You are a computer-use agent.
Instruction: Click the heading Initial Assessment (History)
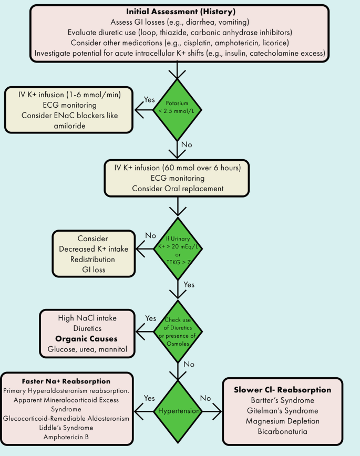(x=180, y=12)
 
